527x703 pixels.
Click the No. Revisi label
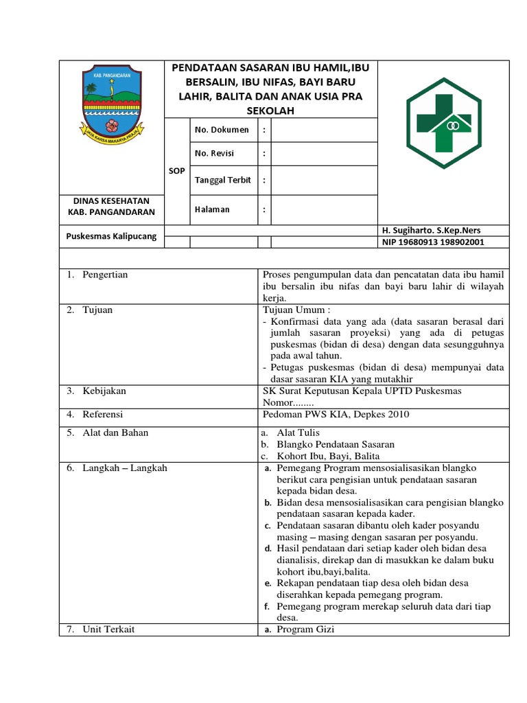click(x=214, y=153)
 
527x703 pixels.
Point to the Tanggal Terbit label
click(x=222, y=180)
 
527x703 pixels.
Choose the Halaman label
click(x=212, y=209)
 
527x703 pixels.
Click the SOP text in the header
click(x=176, y=170)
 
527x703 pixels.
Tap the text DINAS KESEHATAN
click(x=110, y=200)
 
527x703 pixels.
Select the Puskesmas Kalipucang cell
click(x=111, y=236)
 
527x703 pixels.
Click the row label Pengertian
click(x=104, y=275)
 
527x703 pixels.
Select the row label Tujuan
click(x=97, y=310)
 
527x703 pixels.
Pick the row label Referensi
click(x=104, y=414)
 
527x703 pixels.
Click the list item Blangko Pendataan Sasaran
click(x=336, y=444)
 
